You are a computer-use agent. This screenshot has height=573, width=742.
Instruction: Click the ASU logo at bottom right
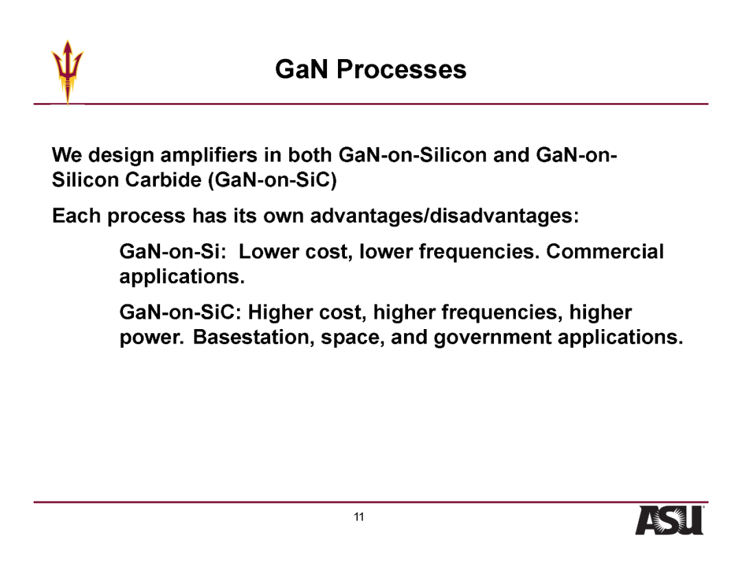point(669,521)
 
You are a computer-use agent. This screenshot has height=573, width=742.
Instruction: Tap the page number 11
point(359,517)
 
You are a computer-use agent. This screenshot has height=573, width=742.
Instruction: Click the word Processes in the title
point(401,69)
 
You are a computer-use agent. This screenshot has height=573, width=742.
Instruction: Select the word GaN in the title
point(302,69)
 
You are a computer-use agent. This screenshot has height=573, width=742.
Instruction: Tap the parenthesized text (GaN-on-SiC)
point(272,180)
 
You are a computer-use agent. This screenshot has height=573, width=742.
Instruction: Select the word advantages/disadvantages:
point(445,216)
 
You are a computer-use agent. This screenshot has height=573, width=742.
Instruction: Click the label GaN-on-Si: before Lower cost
point(170,251)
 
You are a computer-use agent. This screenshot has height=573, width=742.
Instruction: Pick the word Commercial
point(605,251)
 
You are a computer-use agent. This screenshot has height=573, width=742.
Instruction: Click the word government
point(493,338)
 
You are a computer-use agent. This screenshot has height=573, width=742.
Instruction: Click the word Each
point(76,216)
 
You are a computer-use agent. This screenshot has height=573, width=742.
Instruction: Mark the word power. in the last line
point(151,338)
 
